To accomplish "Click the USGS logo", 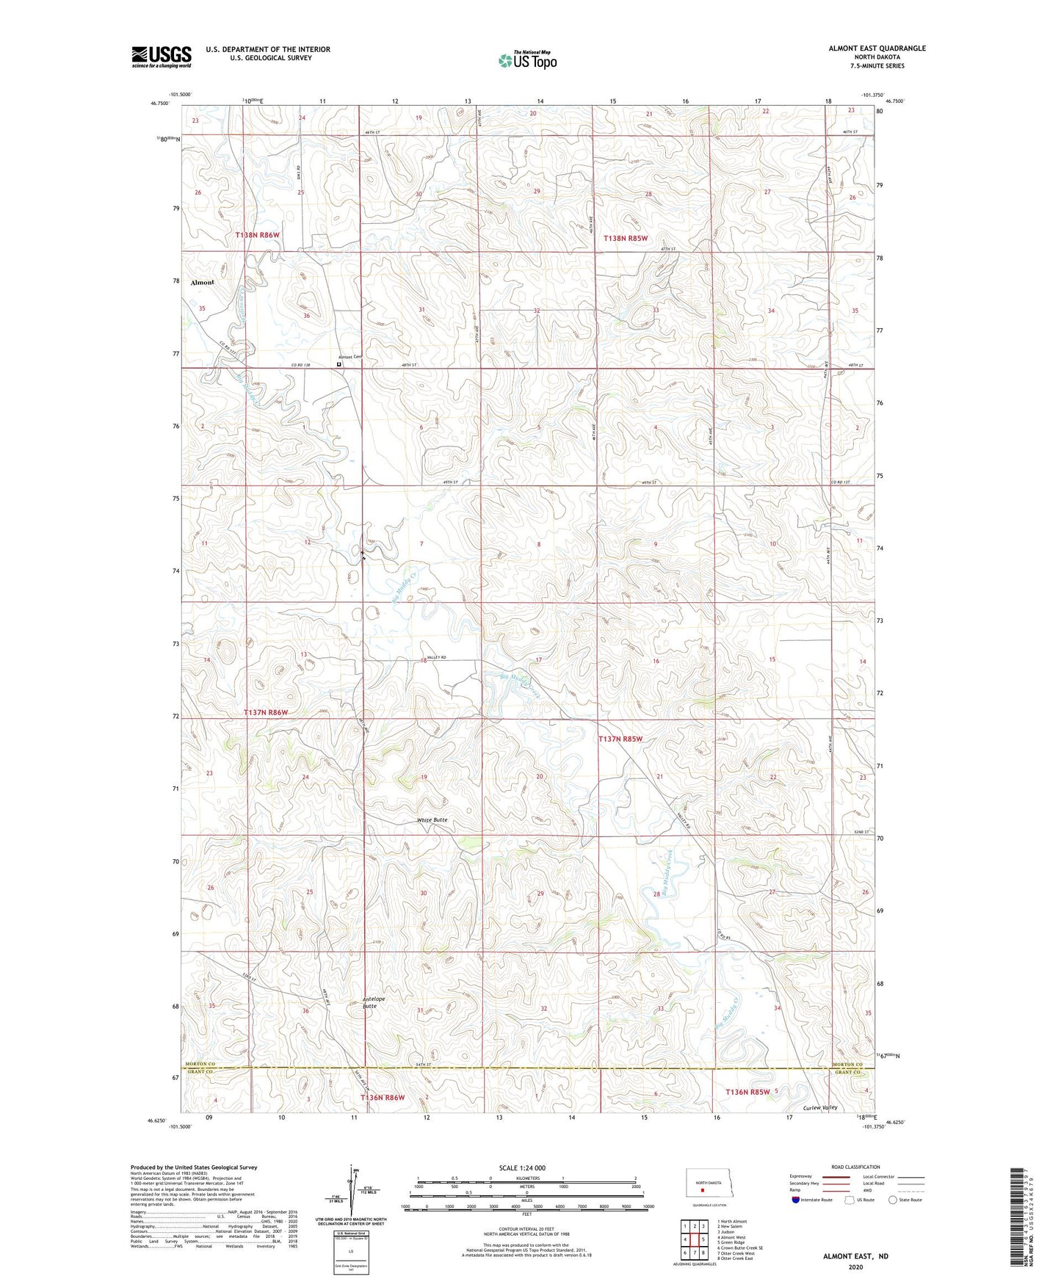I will coord(161,57).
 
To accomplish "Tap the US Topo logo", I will coord(527,59).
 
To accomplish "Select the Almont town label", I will coord(202,282).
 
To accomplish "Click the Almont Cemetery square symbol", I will coord(339,363).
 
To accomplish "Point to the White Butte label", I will coord(432,819).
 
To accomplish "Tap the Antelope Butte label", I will coord(374,1002).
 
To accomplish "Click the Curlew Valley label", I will coord(820,1107).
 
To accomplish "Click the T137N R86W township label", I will coord(266,712).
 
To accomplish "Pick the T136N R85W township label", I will coord(747,1092).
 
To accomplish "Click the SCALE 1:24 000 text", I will coord(522,1167).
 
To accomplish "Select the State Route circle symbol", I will coord(892,1200).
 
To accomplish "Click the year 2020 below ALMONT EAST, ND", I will coord(855,1267).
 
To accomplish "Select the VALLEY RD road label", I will coord(438,657).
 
